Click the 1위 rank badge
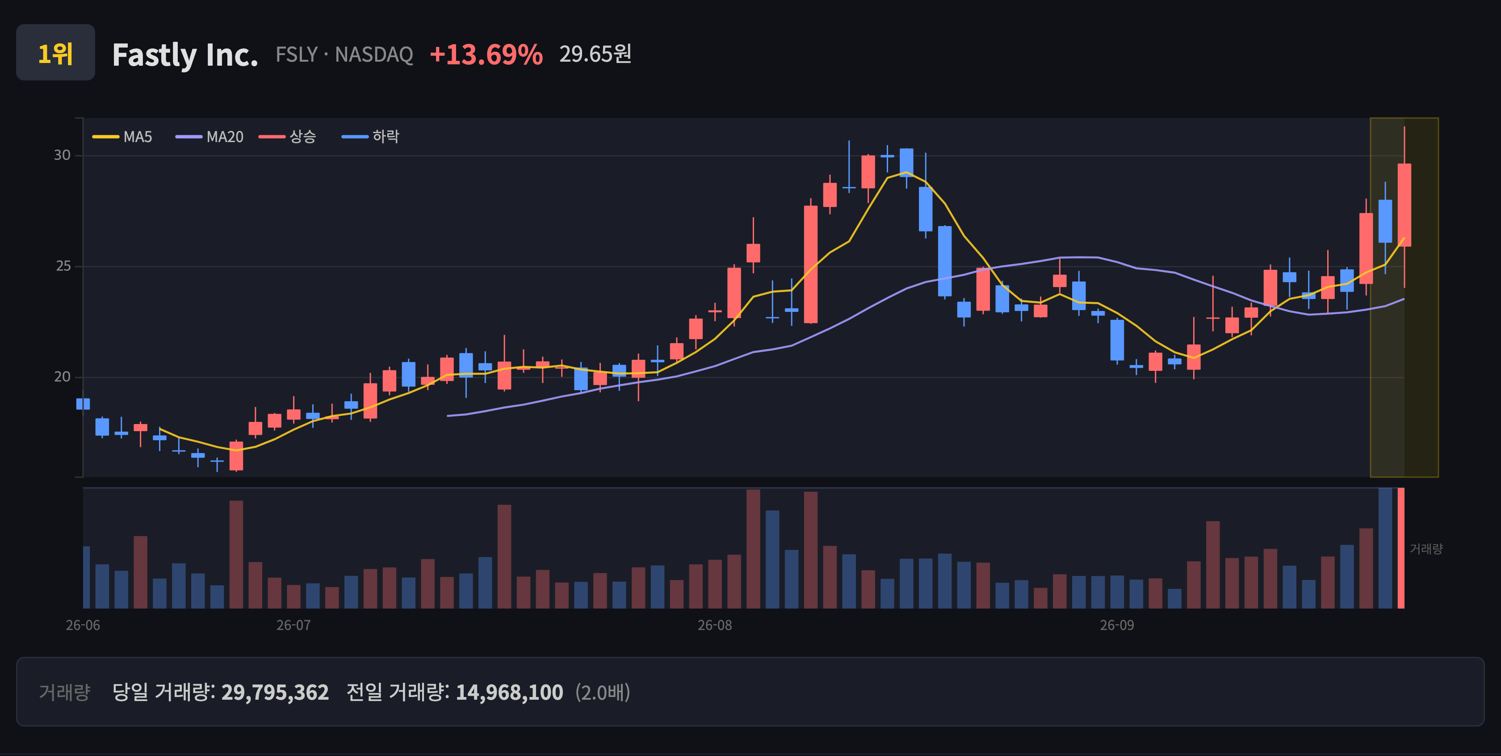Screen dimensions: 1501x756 [x=55, y=52]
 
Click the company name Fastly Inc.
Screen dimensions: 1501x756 [x=184, y=55]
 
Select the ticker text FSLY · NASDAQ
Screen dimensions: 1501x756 [x=344, y=54]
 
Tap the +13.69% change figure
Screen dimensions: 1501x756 [x=486, y=54]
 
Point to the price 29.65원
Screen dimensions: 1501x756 [x=595, y=54]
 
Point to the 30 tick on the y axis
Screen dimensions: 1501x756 [x=63, y=155]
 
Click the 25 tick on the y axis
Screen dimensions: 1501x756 [x=63, y=266]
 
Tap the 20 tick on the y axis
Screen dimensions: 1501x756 [x=63, y=377]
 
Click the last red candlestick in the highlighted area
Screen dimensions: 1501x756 [x=1404, y=205]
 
